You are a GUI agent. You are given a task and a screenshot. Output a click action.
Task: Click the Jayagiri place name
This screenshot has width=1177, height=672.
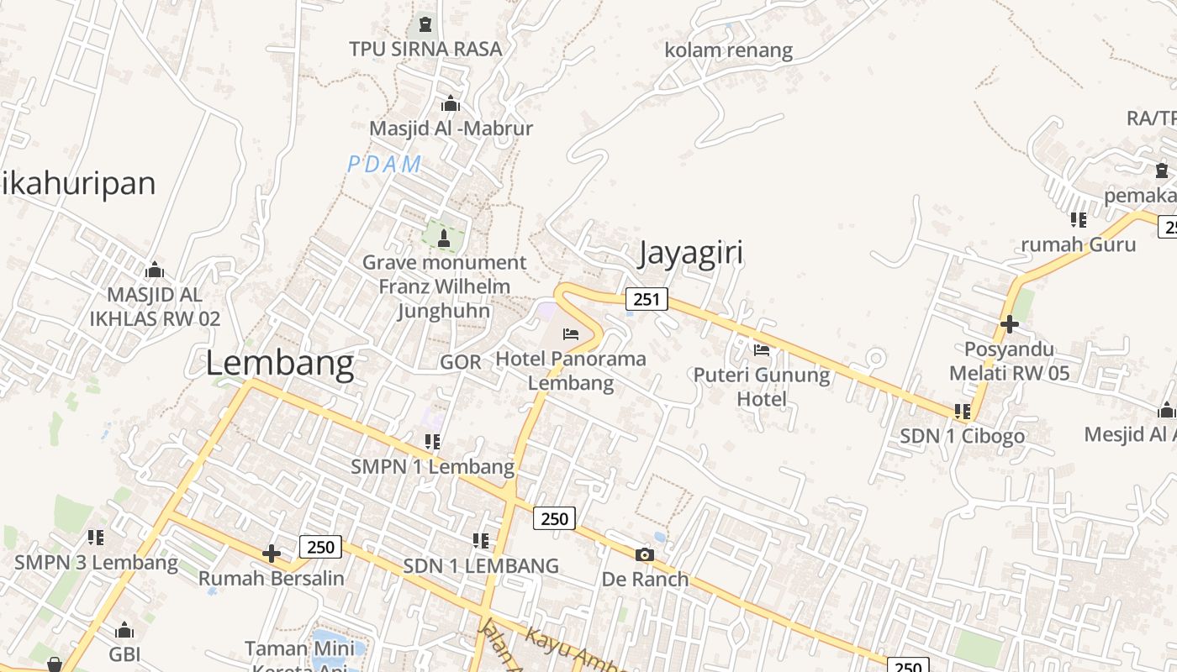pyautogui.click(x=691, y=253)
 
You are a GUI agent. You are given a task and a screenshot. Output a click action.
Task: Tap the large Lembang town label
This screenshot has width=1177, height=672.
pyautogui.click(x=279, y=364)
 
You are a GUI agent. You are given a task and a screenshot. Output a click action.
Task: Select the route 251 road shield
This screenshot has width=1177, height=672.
pyautogui.click(x=647, y=299)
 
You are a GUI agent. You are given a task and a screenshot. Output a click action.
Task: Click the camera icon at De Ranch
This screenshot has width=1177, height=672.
pyautogui.click(x=645, y=554)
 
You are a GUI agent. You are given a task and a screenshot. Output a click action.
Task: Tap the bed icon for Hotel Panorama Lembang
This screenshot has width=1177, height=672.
pyautogui.click(x=571, y=334)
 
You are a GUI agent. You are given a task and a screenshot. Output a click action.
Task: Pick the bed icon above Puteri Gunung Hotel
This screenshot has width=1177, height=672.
pyautogui.click(x=762, y=349)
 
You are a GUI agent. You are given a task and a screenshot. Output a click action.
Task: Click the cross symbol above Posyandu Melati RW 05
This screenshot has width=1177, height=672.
pyautogui.click(x=1009, y=323)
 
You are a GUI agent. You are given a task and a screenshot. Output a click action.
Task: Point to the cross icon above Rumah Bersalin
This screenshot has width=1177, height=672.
pyautogui.click(x=271, y=554)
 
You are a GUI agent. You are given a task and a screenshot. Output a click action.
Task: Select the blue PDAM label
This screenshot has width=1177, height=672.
pyautogui.click(x=384, y=165)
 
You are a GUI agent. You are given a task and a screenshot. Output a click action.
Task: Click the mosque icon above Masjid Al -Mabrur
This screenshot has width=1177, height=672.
pyautogui.click(x=451, y=104)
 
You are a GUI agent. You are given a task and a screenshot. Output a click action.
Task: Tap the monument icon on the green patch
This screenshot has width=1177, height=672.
pyautogui.click(x=444, y=239)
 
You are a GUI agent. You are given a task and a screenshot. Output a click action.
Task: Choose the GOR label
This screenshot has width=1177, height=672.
pyautogui.click(x=461, y=362)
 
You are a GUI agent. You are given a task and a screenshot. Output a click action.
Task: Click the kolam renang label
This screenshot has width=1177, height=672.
pyautogui.click(x=728, y=50)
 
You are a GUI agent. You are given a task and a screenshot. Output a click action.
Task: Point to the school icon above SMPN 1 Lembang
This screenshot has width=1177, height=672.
pyautogui.click(x=432, y=441)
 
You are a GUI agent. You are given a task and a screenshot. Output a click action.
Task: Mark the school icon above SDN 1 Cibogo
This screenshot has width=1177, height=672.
pyautogui.click(x=963, y=412)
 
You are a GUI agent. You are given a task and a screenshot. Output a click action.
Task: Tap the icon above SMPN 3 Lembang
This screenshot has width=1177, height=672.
pyautogui.click(x=95, y=537)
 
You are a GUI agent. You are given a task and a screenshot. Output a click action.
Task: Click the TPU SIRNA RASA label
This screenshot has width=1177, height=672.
pyautogui.click(x=425, y=49)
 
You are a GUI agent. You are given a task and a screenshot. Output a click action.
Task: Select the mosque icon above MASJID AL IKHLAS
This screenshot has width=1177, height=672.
pyautogui.click(x=154, y=270)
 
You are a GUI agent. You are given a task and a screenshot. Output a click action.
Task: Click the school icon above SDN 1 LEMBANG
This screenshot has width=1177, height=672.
pyautogui.click(x=480, y=541)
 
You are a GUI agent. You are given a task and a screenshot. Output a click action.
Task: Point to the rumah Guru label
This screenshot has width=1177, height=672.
pyautogui.click(x=1078, y=244)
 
